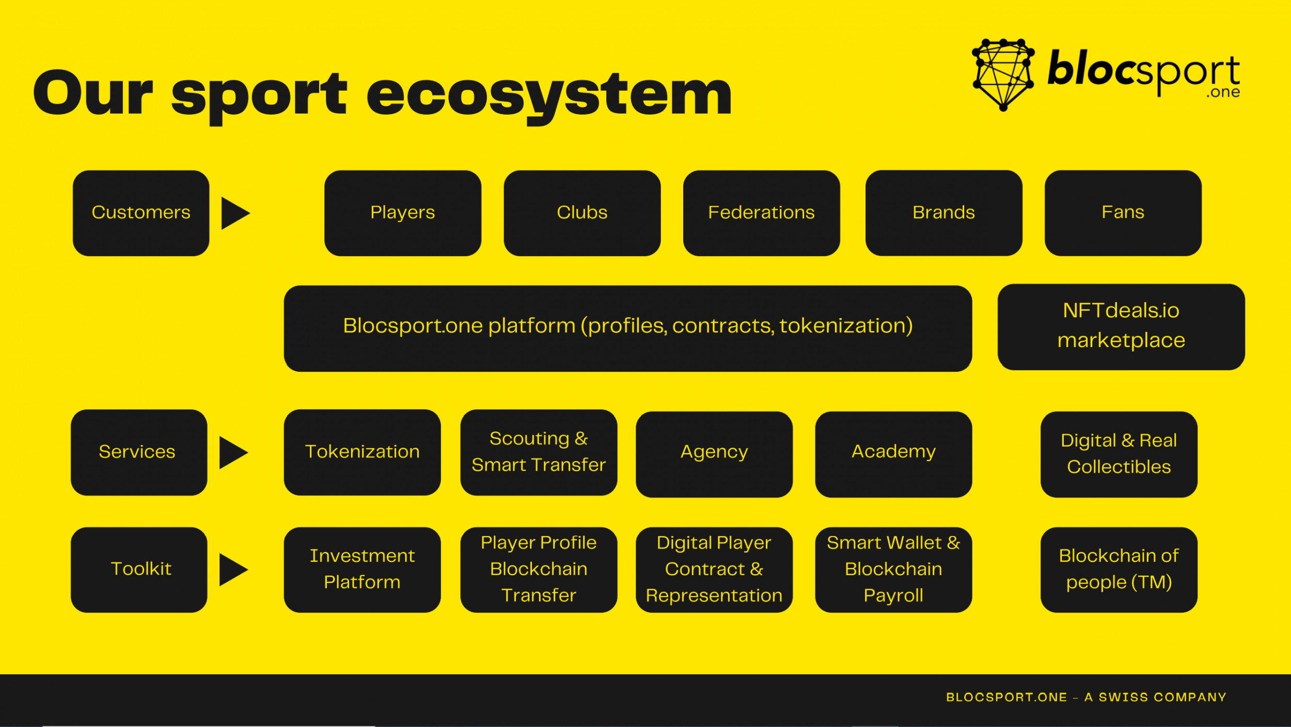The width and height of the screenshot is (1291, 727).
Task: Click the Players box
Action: tap(403, 213)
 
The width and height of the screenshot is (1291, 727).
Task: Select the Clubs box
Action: tap(582, 213)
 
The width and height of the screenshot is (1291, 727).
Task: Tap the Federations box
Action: tap(761, 213)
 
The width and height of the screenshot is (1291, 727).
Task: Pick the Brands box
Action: tap(943, 213)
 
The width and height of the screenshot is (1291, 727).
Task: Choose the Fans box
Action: tap(1123, 213)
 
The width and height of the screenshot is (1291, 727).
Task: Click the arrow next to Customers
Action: tap(235, 213)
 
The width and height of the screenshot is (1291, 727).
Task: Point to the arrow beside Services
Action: tap(233, 452)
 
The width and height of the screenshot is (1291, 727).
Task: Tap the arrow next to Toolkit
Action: tap(233, 570)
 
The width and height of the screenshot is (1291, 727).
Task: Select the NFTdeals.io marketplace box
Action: tap(1121, 327)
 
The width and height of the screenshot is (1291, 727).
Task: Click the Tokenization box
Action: tap(362, 452)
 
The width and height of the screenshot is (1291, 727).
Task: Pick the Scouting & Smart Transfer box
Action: tap(539, 452)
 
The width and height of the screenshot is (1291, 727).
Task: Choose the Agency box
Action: tap(714, 454)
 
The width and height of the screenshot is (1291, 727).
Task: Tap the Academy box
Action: tap(893, 454)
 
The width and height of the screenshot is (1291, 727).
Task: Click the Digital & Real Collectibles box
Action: tap(1119, 454)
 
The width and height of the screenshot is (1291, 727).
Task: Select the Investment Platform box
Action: tap(362, 570)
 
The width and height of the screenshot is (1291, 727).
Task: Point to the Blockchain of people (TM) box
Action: tap(1119, 570)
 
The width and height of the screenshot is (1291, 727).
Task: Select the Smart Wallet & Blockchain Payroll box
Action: tap(893, 570)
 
